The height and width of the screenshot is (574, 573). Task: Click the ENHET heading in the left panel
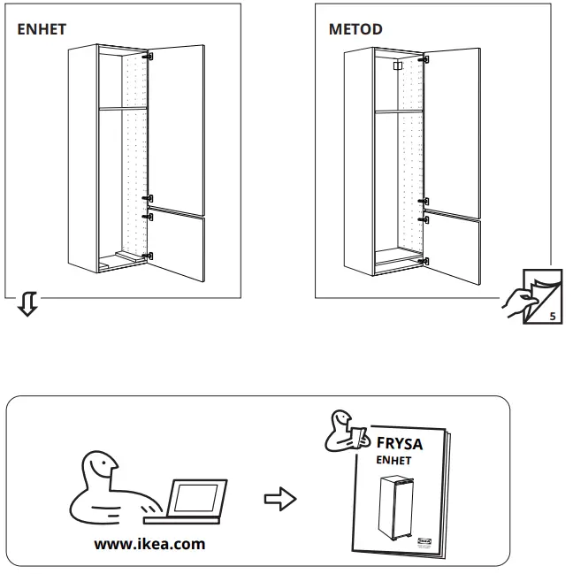42,29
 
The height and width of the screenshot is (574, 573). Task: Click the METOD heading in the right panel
355,29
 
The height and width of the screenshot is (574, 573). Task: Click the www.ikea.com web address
149,544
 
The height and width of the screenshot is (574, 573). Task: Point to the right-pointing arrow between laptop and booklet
280,499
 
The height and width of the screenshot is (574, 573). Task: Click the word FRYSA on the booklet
400,443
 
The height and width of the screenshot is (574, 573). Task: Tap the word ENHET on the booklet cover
393,461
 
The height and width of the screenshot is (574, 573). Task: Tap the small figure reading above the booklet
342,429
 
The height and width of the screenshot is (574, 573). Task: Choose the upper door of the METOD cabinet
455,128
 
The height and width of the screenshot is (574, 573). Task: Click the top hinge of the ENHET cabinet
149,57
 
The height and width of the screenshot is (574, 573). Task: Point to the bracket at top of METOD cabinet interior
397,65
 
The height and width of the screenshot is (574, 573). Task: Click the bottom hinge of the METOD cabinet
425,260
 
